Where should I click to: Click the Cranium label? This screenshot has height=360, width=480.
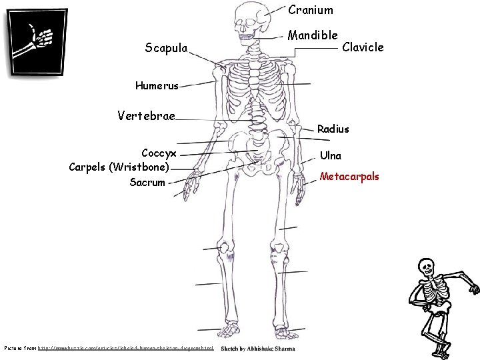[x=311, y=10]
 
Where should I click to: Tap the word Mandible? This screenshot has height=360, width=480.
[x=313, y=35]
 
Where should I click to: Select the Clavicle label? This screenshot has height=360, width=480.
[x=363, y=47]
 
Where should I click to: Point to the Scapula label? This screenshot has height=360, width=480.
[x=167, y=47]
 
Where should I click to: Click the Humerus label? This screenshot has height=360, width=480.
[x=157, y=85]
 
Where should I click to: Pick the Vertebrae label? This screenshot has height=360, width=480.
[x=146, y=116]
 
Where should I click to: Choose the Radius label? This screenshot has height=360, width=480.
[x=333, y=129]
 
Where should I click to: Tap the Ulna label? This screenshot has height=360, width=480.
[x=331, y=156]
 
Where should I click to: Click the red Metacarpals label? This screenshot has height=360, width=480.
[x=349, y=177]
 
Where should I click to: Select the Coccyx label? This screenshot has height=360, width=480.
[x=159, y=153]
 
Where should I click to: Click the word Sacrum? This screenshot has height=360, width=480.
[x=147, y=182]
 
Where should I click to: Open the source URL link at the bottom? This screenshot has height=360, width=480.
[x=126, y=349]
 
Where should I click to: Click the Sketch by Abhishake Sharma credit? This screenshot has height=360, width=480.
[x=257, y=349]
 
